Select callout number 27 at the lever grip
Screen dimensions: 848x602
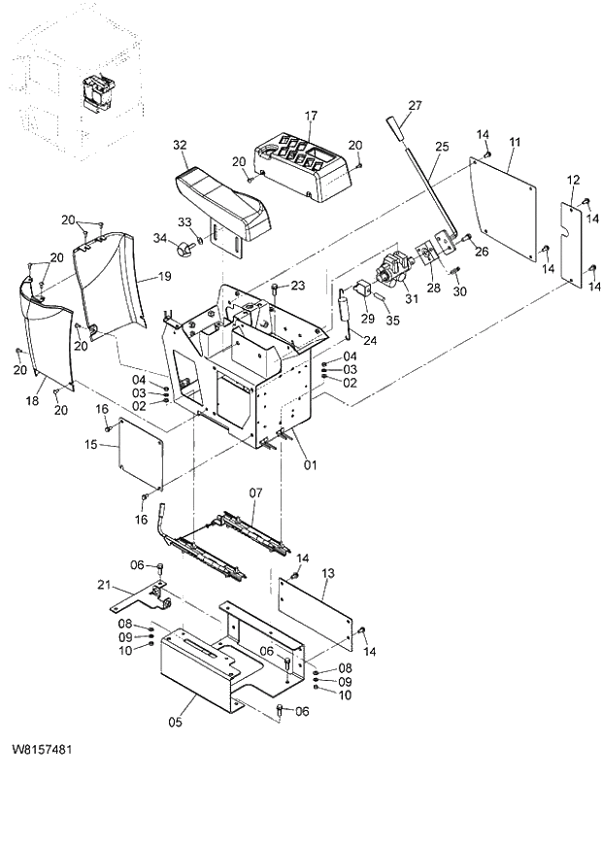click(415, 106)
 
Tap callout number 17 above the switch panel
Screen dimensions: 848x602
click(311, 116)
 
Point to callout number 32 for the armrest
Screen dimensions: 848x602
click(180, 145)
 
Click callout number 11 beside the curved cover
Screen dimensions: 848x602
click(515, 142)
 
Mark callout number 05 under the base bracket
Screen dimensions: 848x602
click(176, 722)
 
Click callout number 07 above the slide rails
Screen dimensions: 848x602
click(255, 492)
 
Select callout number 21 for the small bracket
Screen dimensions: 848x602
click(104, 584)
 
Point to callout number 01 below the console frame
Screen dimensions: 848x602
click(311, 463)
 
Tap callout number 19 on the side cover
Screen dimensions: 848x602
click(164, 277)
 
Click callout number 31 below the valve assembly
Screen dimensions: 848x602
click(411, 298)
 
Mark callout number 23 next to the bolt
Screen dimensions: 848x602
click(298, 285)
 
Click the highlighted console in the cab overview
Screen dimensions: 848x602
click(96, 93)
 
